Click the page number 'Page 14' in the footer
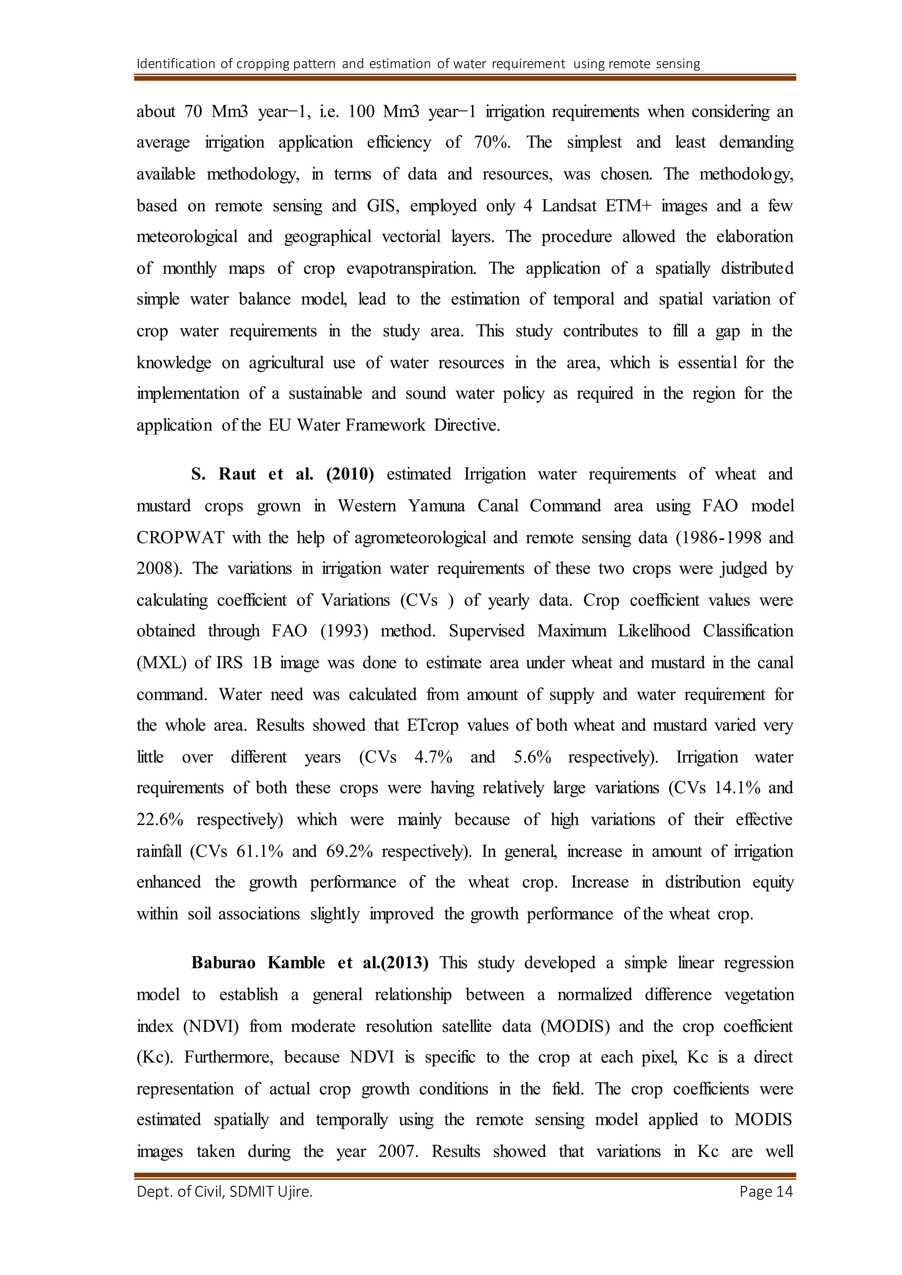pyautogui.click(x=766, y=1192)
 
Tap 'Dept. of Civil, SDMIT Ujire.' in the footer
pyautogui.click(x=224, y=1192)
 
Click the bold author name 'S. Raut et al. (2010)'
pyautogui.click(x=282, y=474)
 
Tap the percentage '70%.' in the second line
pyautogui.click(x=492, y=143)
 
